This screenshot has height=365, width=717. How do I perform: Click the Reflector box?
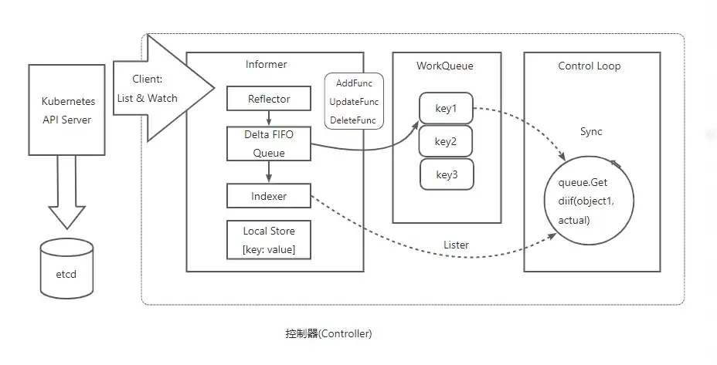(269, 99)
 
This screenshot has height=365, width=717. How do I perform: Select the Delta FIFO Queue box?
(269, 144)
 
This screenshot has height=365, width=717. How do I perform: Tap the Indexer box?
(269, 196)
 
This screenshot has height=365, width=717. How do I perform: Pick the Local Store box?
(269, 240)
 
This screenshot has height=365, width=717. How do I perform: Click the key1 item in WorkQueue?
(446, 108)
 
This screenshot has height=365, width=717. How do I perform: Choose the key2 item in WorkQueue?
(446, 141)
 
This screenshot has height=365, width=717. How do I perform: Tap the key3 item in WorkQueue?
(447, 174)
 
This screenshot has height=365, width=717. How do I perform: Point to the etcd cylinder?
(66, 269)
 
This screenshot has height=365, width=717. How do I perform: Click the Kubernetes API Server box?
(66, 110)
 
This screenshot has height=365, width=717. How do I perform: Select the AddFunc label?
(354, 83)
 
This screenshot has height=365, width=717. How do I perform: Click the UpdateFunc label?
(354, 102)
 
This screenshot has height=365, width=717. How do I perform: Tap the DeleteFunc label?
(353, 120)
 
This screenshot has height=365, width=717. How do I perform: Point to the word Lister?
(456, 245)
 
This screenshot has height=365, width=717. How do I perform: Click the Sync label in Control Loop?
(591, 131)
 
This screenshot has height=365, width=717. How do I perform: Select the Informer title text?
(266, 64)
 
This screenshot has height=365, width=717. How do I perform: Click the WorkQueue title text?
(444, 66)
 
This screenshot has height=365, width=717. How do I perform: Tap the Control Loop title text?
(589, 66)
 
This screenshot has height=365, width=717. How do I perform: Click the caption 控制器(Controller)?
(329, 333)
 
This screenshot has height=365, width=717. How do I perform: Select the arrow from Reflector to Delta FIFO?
(269, 118)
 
